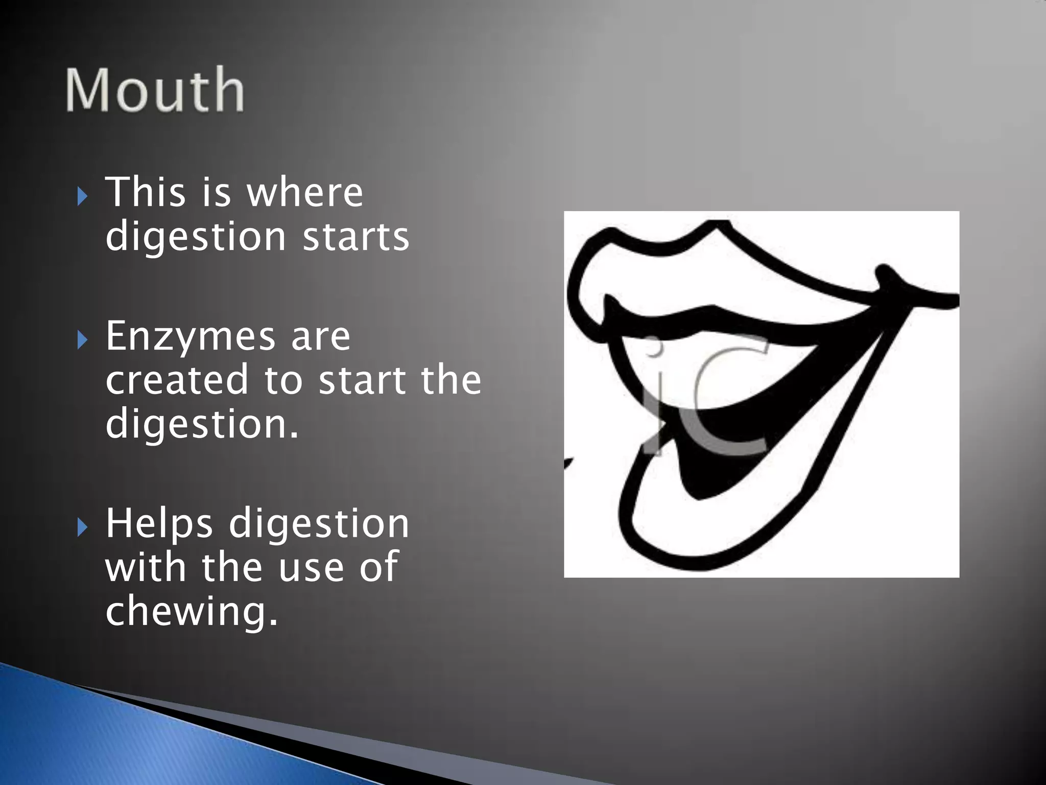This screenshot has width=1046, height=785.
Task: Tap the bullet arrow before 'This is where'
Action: pyautogui.click(x=83, y=196)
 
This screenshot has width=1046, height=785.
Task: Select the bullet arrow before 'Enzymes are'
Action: pyautogui.click(x=83, y=339)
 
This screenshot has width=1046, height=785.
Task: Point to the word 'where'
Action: pyautogui.click(x=304, y=192)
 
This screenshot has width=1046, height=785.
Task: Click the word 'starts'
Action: pyautogui.click(x=356, y=237)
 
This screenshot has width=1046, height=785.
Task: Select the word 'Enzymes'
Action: pyautogui.click(x=189, y=337)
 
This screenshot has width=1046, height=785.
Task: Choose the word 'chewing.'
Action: pyautogui.click(x=192, y=611)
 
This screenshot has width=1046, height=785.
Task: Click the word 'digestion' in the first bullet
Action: pyautogui.click(x=195, y=238)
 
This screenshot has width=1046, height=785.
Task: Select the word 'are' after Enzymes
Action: pyautogui.click(x=321, y=337)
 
